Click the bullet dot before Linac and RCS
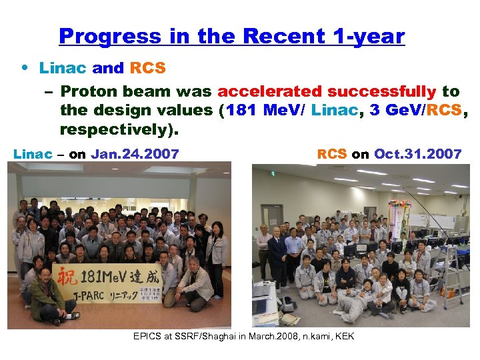24,68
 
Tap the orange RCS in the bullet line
147,68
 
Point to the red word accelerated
269,91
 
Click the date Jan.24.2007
135,154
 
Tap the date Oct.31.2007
417,154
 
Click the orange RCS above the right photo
331,154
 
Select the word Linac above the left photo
32,154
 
